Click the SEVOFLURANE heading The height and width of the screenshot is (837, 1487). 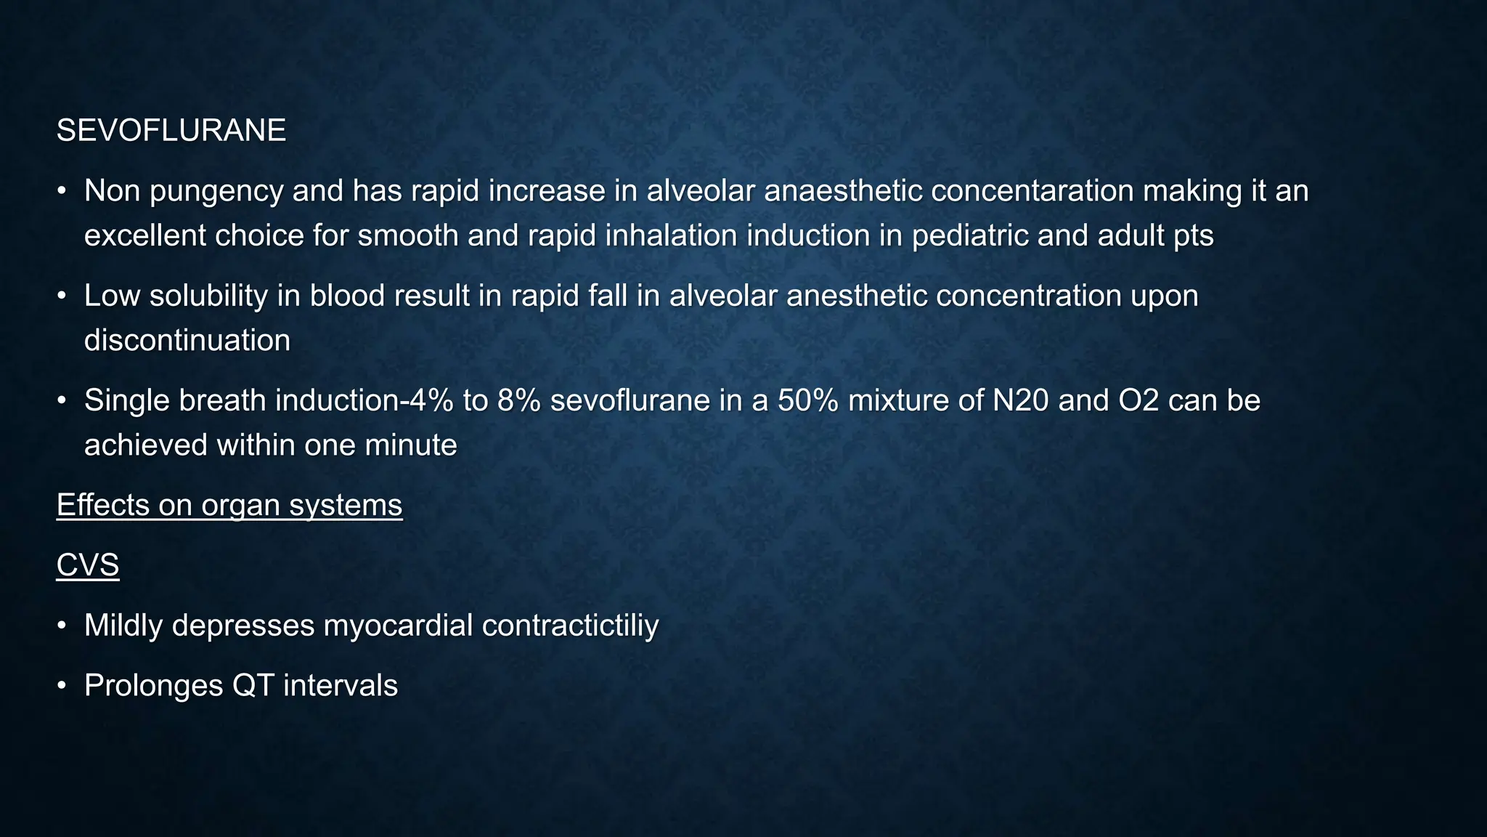point(171,131)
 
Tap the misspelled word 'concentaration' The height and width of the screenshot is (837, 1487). point(1032,191)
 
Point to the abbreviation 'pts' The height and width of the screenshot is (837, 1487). point(1193,236)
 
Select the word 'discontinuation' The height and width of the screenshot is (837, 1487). point(187,341)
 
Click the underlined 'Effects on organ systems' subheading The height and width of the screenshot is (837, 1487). point(229,505)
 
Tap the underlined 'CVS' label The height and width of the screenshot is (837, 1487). point(88,565)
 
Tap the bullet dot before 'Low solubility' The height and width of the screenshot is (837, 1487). point(62,296)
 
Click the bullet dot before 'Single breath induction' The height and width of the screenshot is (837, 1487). point(62,401)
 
